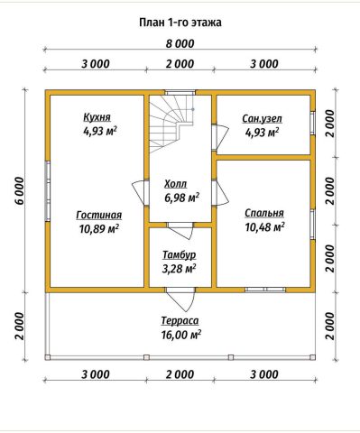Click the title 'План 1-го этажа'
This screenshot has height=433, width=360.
click(x=180, y=23)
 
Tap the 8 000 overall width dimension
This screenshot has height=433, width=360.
click(x=180, y=44)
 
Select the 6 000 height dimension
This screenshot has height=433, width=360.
click(x=19, y=190)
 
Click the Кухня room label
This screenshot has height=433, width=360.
click(x=97, y=117)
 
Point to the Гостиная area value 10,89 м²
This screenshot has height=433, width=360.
click(x=99, y=229)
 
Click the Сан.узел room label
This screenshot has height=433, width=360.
click(x=263, y=119)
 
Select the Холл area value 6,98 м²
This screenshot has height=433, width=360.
click(x=181, y=198)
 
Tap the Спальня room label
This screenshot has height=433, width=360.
click(x=264, y=213)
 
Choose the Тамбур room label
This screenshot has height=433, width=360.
click(x=180, y=255)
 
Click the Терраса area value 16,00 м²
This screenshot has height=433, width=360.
click(x=181, y=335)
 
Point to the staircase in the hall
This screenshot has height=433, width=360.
click(x=171, y=124)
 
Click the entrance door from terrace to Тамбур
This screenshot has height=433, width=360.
click(x=180, y=299)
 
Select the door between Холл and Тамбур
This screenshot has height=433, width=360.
click(x=180, y=230)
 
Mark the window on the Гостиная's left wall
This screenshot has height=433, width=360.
click(x=48, y=191)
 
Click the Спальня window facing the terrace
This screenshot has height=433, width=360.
click(x=265, y=290)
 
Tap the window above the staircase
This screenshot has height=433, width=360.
click(x=180, y=92)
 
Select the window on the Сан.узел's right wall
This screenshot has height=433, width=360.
click(x=313, y=124)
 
